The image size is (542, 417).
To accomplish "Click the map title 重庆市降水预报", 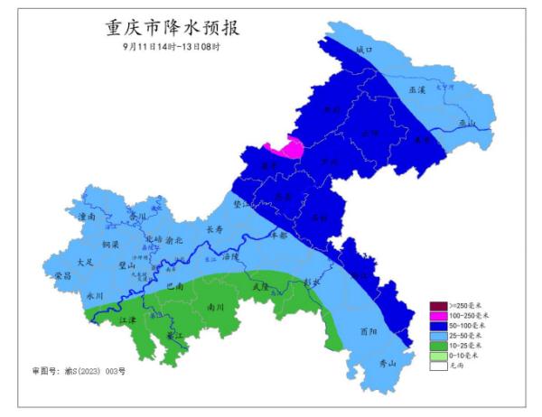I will pyautogui.click(x=172, y=27).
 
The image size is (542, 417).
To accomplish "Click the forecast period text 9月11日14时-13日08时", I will pyautogui.click(x=171, y=46).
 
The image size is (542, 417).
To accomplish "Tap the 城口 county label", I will pyautogui.click(x=364, y=50).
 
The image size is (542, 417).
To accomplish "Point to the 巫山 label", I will pyautogui.click(x=466, y=124).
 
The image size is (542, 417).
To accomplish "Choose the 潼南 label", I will pyautogui.click(x=88, y=218).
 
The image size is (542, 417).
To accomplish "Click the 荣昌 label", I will pyautogui.click(x=62, y=274).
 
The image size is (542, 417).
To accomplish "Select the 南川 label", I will pyautogui.click(x=216, y=307).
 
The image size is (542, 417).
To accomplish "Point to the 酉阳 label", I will pyautogui.click(x=368, y=331).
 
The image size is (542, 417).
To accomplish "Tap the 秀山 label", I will pyautogui.click(x=388, y=364).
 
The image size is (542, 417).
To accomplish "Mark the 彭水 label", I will pyautogui.click(x=313, y=281).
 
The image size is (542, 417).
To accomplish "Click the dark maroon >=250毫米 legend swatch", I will pyautogui.click(x=438, y=305).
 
